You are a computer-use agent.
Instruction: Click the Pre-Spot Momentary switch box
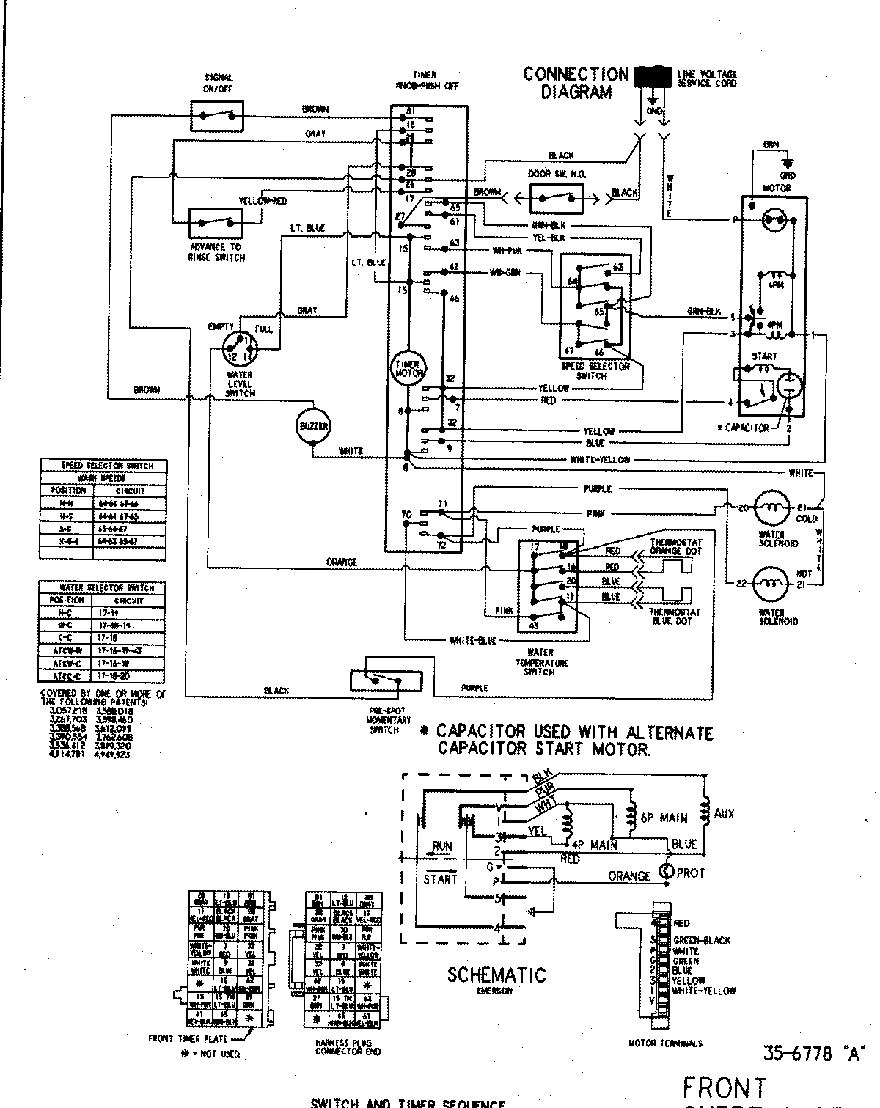(x=386, y=681)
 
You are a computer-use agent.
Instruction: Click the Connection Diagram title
(x=576, y=83)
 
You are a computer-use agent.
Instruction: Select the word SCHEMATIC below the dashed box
(x=496, y=975)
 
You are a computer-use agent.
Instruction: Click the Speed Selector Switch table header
(x=103, y=466)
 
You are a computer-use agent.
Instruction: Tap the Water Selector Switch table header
(x=103, y=587)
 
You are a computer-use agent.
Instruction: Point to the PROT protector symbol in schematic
(x=667, y=872)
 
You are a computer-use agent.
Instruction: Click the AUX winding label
(x=723, y=813)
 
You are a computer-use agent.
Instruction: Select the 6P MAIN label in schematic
(x=663, y=818)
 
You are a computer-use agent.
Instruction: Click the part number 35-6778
(x=798, y=1054)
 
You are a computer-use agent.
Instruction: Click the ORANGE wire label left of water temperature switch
(x=342, y=562)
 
